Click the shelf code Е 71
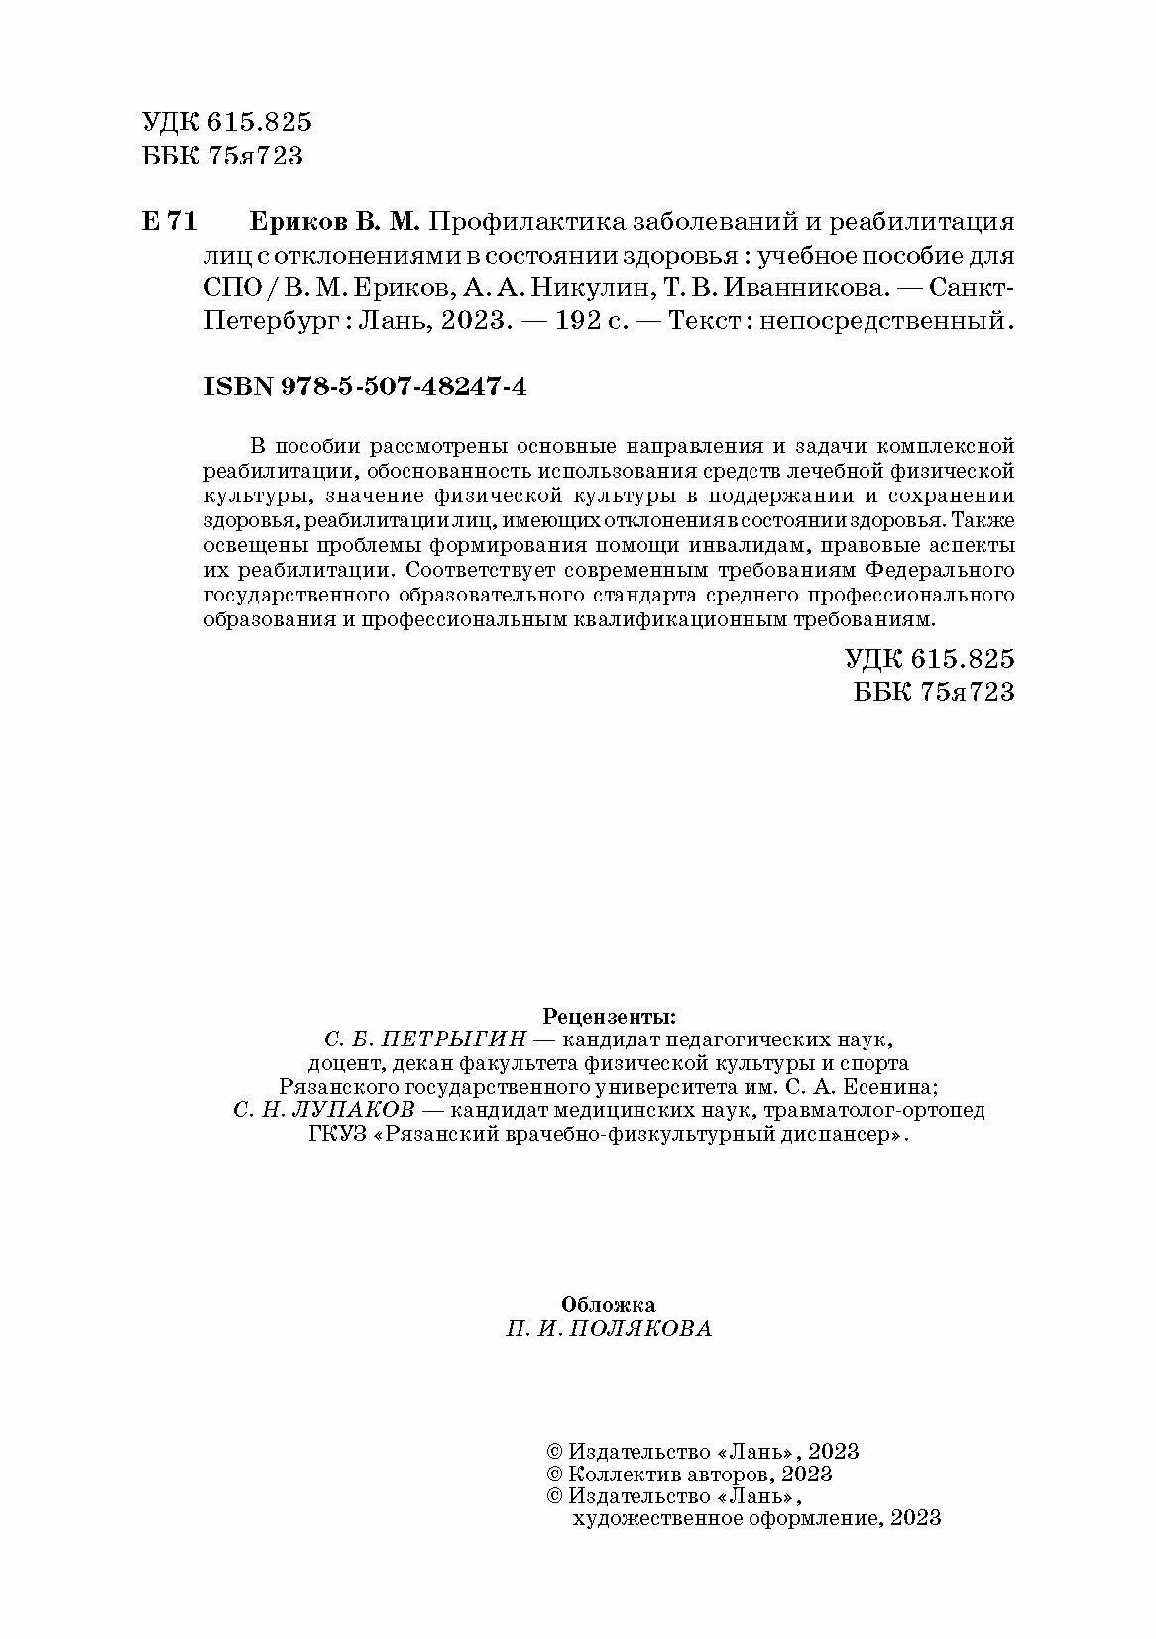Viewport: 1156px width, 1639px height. click(171, 222)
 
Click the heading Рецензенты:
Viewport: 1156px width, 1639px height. click(609, 1016)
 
